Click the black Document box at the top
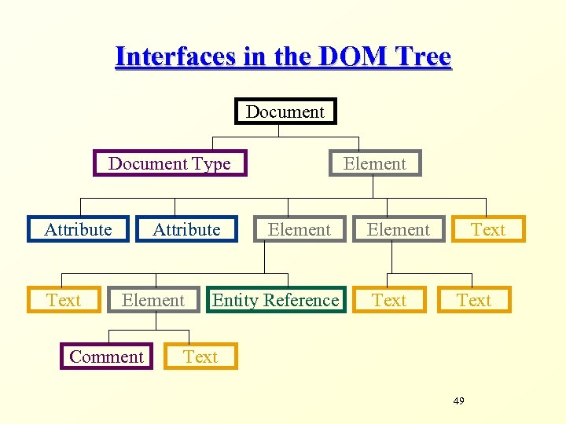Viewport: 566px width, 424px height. pos(285,111)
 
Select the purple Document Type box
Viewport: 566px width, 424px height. pos(170,163)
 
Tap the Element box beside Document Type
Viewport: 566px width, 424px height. pos(375,163)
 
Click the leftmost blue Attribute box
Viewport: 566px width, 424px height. pos(78,229)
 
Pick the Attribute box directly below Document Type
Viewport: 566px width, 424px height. pos(186,229)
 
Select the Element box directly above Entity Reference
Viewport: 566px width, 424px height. pos(299,229)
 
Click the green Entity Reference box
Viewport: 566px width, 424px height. pos(276,300)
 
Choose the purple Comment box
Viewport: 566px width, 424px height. pos(107,356)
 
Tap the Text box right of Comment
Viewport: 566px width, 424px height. pos(200,356)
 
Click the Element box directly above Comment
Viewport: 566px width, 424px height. pos(153,300)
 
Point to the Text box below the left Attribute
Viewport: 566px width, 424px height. pos(64,300)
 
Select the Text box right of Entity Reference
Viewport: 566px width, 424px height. pos(389,300)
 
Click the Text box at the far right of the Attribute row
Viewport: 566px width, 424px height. pos(487,229)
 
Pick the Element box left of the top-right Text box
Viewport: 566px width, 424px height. pos(399,229)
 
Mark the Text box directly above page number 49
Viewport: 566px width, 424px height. pos(474,300)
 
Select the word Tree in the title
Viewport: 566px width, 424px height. pos(424,57)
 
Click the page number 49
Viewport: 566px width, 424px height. pos(459,401)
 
